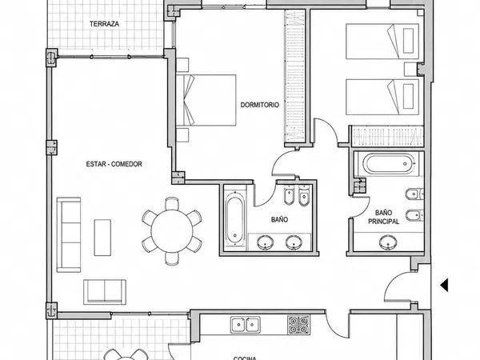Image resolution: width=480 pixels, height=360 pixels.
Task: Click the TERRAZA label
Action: pyautogui.click(x=104, y=24)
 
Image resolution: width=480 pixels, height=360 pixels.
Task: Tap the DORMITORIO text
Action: pyautogui.click(x=259, y=105)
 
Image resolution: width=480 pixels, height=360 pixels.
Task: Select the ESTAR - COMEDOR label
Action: pyautogui.click(x=114, y=164)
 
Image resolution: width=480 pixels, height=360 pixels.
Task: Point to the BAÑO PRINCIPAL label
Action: pyautogui.click(x=383, y=217)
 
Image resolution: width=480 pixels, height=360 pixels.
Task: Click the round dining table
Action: pyautogui.click(x=172, y=231)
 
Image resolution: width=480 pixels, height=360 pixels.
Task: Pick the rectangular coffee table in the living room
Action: pyautogui.click(x=102, y=238)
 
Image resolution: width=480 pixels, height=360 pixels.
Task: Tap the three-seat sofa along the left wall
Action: pyautogui.click(x=69, y=234)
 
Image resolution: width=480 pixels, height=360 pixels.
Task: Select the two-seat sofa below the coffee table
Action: pyautogui.click(x=105, y=292)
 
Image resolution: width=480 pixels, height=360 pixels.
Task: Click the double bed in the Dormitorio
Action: pyautogui.click(x=206, y=100)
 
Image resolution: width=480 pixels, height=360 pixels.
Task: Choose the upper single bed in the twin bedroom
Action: pyautogui.click(x=382, y=42)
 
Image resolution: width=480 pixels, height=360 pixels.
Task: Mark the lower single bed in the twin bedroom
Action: pyautogui.click(x=382, y=97)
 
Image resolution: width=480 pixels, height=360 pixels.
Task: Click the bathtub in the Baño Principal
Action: pyautogui.click(x=389, y=164)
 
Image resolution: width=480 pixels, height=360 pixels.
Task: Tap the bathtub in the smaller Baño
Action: pyautogui.click(x=235, y=218)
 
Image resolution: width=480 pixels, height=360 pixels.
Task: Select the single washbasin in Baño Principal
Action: pyautogui.click(x=389, y=242)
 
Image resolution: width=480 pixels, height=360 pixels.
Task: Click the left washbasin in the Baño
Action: pyautogui.click(x=266, y=242)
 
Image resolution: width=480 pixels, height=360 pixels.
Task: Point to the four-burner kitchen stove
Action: pyautogui.click(x=298, y=325)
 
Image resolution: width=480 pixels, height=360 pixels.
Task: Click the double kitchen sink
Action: pyautogui.click(x=246, y=325)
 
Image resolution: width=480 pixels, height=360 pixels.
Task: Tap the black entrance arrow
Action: pyautogui.click(x=444, y=285)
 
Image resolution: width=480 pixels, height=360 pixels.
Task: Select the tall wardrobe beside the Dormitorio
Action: pyautogui.click(x=295, y=76)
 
